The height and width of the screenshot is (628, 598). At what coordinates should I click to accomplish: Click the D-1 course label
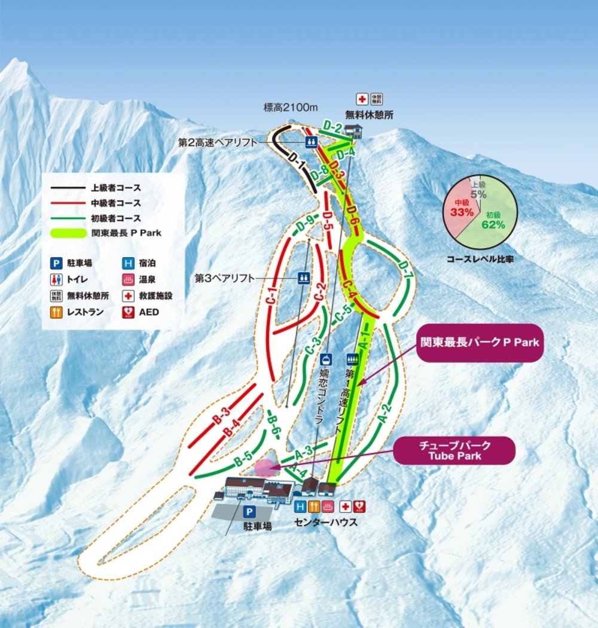pos(298,164)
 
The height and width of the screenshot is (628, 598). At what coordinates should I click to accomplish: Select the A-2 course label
pos(386,412)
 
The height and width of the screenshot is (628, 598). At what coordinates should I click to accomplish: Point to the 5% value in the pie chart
pos(478,193)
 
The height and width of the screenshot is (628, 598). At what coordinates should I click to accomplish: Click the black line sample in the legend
pos(67,188)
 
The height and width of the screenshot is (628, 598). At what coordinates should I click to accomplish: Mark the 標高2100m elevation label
pos(290,108)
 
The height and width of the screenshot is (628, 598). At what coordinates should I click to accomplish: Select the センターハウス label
pos(326,522)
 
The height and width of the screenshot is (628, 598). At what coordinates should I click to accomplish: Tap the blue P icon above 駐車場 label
pos(250,512)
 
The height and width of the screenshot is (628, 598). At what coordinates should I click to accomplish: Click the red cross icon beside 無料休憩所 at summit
pos(361,99)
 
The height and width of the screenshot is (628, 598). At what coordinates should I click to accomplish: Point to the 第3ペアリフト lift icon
pos(304,278)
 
